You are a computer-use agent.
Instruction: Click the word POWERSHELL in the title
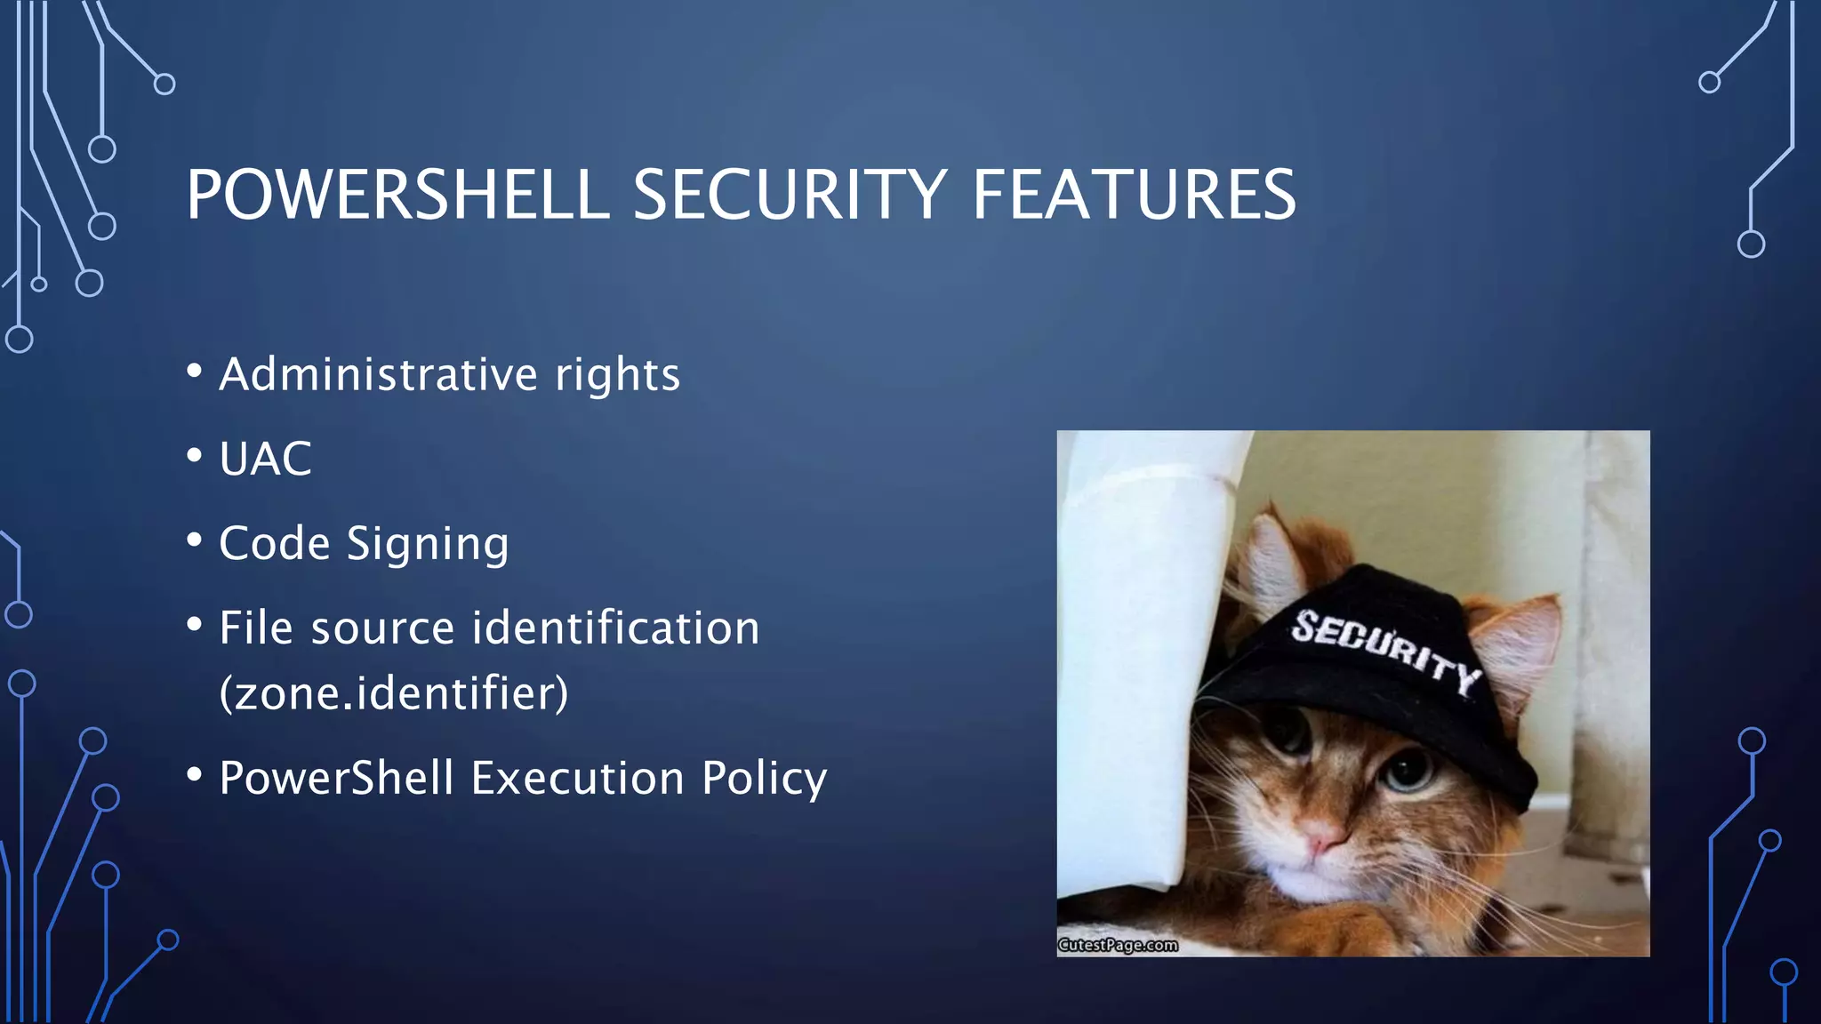(397, 195)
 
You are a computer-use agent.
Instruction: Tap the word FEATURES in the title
(1134, 195)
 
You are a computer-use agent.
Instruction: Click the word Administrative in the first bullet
(378, 373)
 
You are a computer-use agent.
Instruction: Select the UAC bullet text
(265, 460)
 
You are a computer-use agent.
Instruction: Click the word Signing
(428, 545)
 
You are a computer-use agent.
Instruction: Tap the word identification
(615, 628)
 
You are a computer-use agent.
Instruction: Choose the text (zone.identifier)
(394, 693)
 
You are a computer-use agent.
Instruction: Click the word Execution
(578, 778)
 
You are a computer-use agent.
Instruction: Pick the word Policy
(764, 780)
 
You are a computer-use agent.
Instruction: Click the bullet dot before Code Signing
(195, 540)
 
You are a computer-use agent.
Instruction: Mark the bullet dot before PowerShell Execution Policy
(195, 774)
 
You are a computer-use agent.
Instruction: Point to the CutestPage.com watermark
(1118, 945)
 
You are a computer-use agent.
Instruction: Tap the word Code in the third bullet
(274, 543)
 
